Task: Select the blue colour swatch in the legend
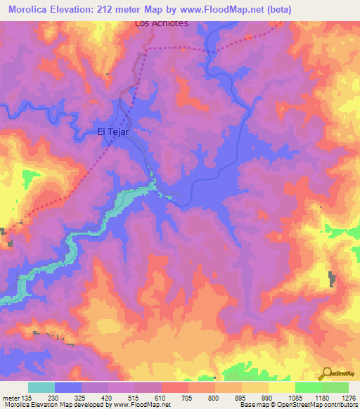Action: (x=68, y=387)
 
